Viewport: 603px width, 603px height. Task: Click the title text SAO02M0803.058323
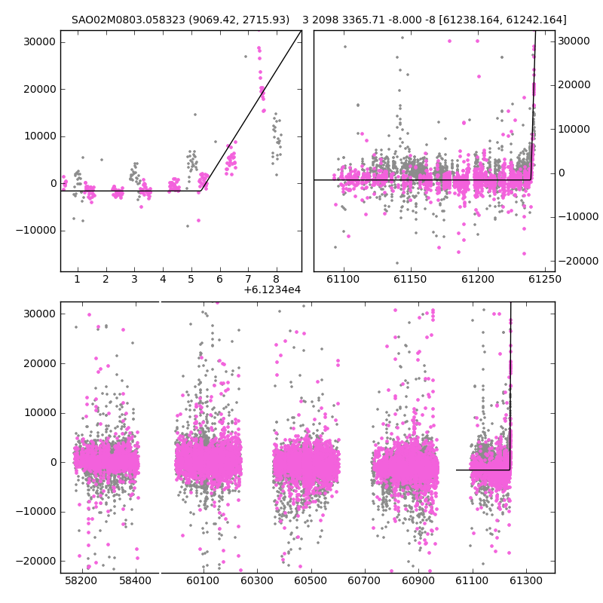(128, 20)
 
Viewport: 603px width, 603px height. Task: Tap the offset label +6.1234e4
(272, 289)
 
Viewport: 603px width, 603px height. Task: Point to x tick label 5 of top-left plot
(191, 279)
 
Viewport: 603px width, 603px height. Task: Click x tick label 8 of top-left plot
(277, 279)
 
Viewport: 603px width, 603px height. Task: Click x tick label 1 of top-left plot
(78, 279)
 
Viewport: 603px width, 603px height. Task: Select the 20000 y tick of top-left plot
(40, 89)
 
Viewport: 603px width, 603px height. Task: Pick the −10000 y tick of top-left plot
(35, 231)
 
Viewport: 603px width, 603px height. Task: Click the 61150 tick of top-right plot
(410, 279)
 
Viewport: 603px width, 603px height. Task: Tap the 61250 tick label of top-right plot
(545, 279)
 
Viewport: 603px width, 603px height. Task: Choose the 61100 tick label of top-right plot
(343, 279)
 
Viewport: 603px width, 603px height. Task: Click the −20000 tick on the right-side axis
(578, 261)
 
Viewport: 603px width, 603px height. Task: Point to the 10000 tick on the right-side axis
(574, 129)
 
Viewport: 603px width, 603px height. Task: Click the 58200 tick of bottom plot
(81, 580)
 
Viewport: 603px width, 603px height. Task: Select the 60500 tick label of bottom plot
(311, 580)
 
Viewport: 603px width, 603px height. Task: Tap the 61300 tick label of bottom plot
(525, 580)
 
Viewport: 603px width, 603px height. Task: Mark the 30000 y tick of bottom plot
(40, 314)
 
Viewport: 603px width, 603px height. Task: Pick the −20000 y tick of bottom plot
(35, 561)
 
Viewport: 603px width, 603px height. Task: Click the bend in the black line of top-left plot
(200, 191)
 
